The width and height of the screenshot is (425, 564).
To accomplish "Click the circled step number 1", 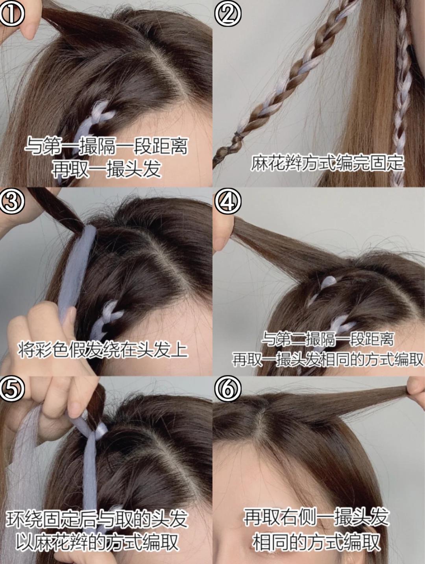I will pos(12,13).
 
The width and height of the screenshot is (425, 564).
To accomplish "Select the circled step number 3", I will pos(12,201).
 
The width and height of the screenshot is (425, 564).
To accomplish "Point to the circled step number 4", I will pos(227,201).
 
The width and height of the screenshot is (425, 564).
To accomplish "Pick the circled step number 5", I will pos(12,389).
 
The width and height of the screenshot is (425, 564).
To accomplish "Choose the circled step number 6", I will pos(227,389).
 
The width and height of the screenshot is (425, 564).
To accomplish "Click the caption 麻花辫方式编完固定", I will pos(327,162).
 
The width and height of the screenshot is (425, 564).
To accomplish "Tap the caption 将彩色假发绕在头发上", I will pos(103,350).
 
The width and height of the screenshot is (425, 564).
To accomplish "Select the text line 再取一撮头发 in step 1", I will pos(106,169).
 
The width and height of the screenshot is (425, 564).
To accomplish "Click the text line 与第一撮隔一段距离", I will pos(106,146).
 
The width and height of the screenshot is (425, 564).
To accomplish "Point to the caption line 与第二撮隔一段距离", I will pos(327,339).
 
